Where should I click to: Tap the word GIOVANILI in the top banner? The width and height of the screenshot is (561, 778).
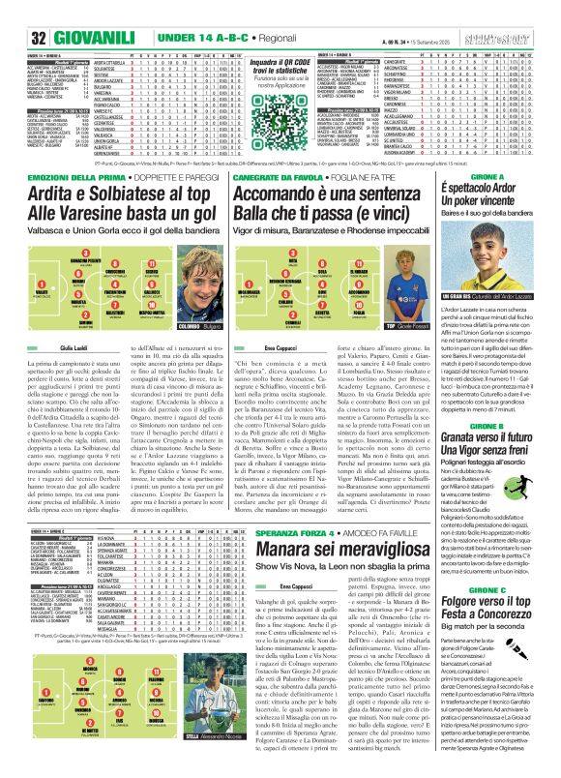tap(66, 37)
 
